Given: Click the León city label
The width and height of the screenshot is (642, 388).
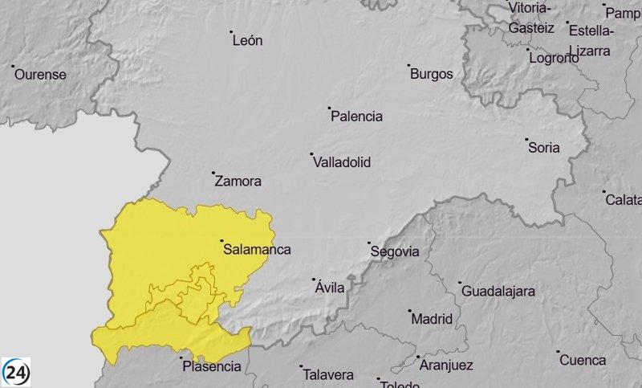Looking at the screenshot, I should (x=247, y=40).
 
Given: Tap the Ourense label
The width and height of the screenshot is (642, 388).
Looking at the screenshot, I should (x=40, y=74).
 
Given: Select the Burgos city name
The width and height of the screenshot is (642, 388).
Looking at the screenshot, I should (x=432, y=74).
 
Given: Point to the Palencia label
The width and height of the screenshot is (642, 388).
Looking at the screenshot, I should (x=357, y=116).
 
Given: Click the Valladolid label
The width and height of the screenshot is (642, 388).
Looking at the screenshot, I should (x=342, y=162).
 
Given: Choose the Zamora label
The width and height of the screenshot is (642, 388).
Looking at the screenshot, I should (x=238, y=182).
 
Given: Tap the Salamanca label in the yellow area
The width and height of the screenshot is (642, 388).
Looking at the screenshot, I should (x=258, y=250).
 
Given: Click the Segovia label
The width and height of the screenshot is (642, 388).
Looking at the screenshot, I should (x=395, y=251).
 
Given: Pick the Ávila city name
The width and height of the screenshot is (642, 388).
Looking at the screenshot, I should (x=331, y=288).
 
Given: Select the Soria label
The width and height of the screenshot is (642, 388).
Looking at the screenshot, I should (x=544, y=148).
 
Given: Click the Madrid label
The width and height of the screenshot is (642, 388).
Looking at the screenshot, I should (x=432, y=319).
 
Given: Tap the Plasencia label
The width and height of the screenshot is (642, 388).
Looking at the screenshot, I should (x=212, y=366).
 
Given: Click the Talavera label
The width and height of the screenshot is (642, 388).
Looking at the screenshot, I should (x=328, y=374).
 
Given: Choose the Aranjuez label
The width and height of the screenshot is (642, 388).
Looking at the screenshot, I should (x=446, y=366).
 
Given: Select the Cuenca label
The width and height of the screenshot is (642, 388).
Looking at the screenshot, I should (x=583, y=360).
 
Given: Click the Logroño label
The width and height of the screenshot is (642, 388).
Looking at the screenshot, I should (x=555, y=59).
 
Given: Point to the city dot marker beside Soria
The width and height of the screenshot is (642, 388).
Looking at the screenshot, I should (x=526, y=139).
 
